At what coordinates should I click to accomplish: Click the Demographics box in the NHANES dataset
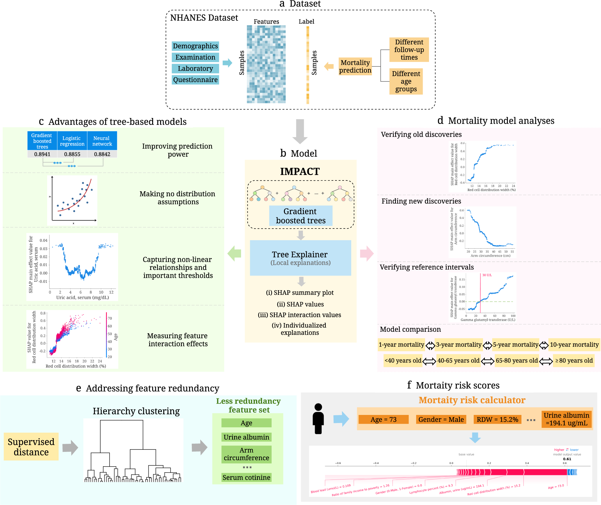(x=195, y=46)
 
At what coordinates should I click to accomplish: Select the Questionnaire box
(x=195, y=80)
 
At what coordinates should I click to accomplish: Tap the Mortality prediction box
(x=355, y=66)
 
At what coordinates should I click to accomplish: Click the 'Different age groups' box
(x=406, y=81)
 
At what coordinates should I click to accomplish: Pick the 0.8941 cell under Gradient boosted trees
(x=42, y=154)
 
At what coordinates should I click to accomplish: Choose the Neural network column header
(x=102, y=141)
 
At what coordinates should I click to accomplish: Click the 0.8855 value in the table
(x=72, y=154)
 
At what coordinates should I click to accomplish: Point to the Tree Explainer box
(x=300, y=258)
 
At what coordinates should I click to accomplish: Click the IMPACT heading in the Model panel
(x=300, y=171)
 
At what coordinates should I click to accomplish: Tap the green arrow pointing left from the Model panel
(x=234, y=253)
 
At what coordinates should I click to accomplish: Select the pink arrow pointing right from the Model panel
(x=367, y=253)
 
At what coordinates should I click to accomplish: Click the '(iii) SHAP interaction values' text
(x=299, y=315)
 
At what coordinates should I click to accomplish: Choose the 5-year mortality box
(x=515, y=345)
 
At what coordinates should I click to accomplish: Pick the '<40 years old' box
(x=403, y=361)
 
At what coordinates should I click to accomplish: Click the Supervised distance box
(x=31, y=447)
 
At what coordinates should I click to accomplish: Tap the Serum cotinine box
(x=246, y=477)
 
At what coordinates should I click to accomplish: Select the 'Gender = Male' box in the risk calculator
(x=441, y=419)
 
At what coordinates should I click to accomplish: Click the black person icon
(x=318, y=419)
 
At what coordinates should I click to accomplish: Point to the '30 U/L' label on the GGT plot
(x=487, y=275)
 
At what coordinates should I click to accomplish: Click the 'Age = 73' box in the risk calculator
(x=383, y=419)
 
